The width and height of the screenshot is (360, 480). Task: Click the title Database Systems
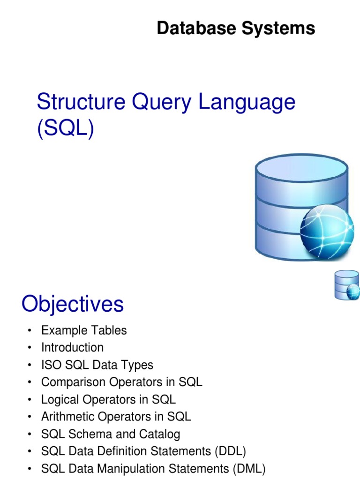(x=236, y=29)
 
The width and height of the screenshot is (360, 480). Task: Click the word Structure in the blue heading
(x=75, y=103)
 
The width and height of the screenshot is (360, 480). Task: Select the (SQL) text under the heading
(x=65, y=128)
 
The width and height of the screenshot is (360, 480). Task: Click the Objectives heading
(x=73, y=304)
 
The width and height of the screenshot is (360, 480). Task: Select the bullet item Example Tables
(x=84, y=330)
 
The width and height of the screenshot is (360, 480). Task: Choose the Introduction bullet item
(x=72, y=347)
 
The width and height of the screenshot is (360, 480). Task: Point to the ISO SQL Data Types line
(x=97, y=365)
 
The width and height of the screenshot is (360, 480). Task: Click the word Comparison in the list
(x=74, y=382)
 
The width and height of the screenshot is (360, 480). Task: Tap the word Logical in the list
(x=60, y=399)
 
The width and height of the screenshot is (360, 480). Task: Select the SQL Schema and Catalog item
(x=110, y=434)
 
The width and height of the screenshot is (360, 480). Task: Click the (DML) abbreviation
(x=249, y=469)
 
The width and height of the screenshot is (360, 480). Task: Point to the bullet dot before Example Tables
(x=30, y=331)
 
